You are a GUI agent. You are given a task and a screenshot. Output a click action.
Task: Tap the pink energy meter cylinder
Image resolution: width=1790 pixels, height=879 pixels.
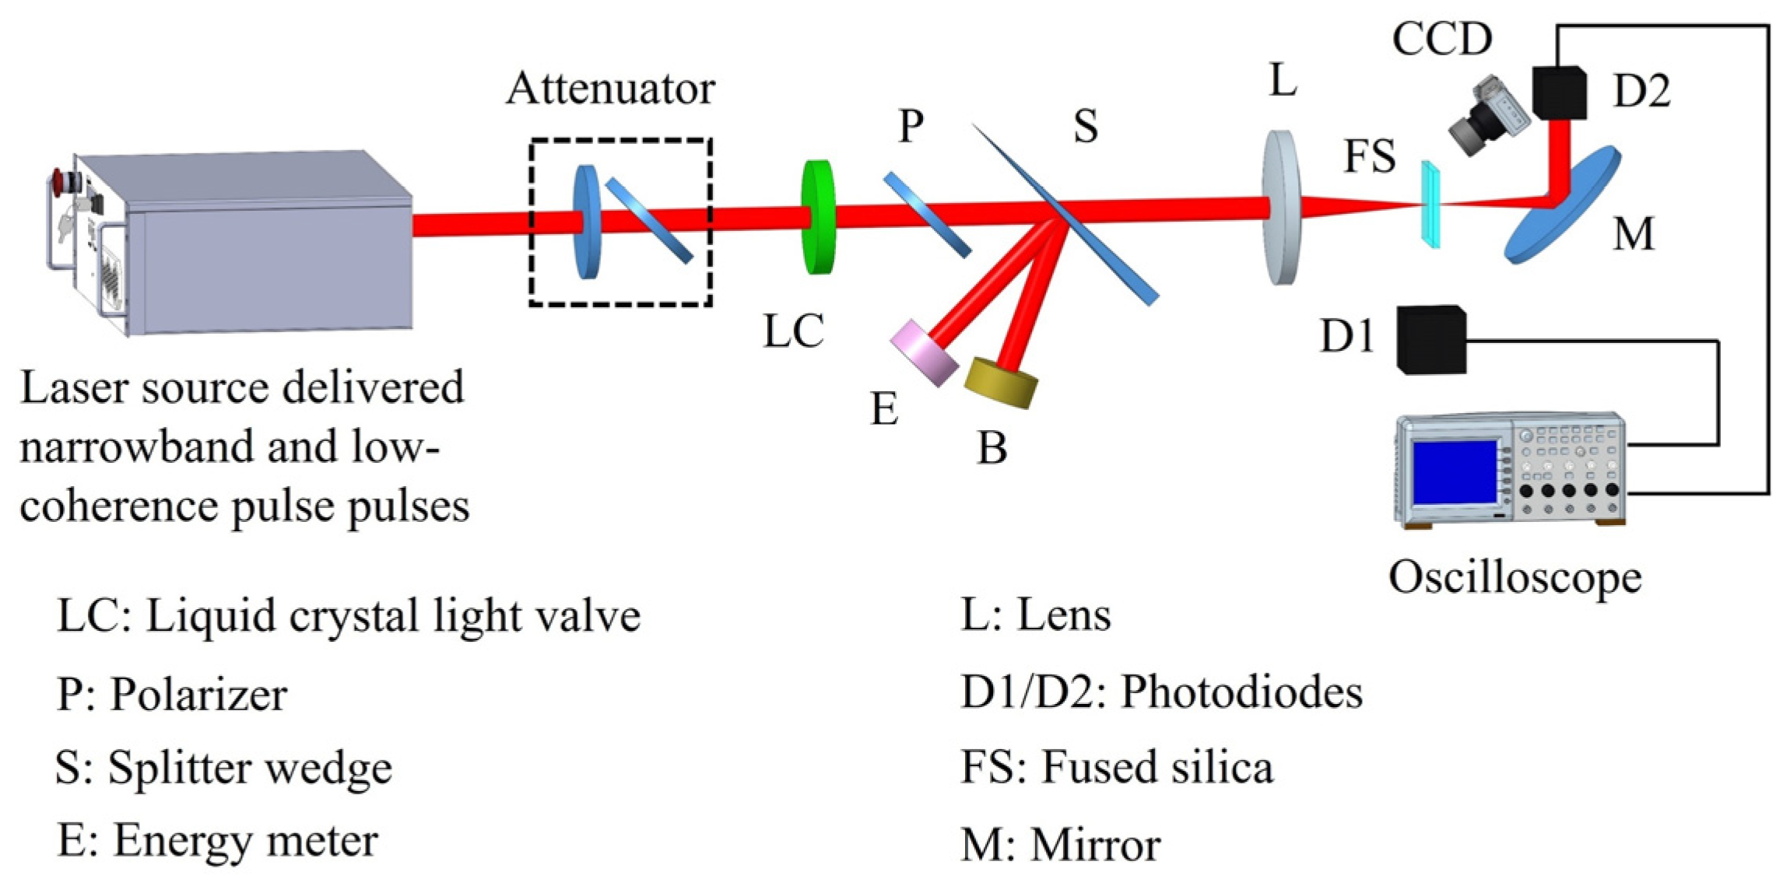[x=925, y=353]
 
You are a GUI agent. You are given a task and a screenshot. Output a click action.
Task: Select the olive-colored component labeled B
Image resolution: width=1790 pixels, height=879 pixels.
[x=1001, y=382]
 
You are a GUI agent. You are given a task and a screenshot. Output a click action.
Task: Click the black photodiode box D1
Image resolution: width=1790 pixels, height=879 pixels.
[x=1430, y=340]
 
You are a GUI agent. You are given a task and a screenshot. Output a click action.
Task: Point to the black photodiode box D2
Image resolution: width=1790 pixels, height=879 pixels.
[x=1559, y=93]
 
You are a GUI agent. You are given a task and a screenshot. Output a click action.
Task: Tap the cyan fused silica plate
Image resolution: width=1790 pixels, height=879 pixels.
[x=1430, y=204]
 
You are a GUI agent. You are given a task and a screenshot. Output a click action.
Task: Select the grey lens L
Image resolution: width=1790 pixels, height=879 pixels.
[x=1281, y=207]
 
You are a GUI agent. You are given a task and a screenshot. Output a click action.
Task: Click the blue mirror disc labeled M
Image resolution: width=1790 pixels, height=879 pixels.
[x=1560, y=206]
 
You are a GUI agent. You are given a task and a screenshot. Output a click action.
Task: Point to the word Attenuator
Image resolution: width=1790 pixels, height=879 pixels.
[x=610, y=89]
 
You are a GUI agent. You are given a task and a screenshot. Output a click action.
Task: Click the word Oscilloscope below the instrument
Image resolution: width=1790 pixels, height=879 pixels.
[x=1514, y=578]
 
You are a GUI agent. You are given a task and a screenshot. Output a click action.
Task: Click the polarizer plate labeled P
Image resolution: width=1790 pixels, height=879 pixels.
[x=926, y=215]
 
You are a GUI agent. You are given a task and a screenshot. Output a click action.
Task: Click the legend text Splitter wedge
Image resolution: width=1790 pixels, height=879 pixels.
[x=250, y=768]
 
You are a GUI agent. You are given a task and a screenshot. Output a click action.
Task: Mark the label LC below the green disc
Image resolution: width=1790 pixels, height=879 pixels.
[x=792, y=331]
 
